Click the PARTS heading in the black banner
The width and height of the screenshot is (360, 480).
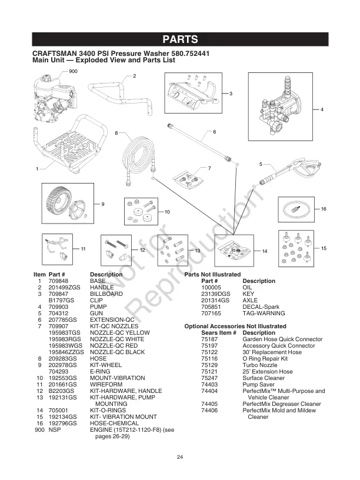(x=180, y=40)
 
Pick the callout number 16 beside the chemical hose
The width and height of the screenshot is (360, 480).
(x=324, y=209)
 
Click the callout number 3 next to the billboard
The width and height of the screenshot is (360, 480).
(x=231, y=94)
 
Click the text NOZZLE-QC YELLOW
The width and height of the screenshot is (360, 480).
(x=120, y=332)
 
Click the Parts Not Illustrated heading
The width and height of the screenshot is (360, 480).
(x=212, y=275)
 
